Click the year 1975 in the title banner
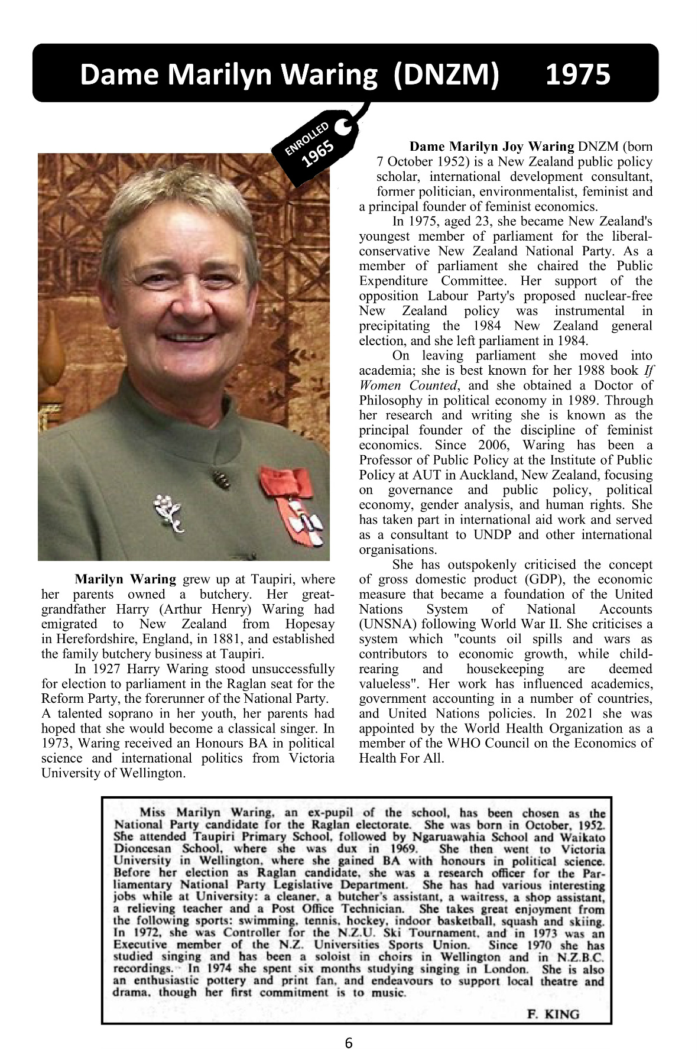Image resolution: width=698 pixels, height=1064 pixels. [x=577, y=74]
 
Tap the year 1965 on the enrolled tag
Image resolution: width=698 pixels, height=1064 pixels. [x=319, y=154]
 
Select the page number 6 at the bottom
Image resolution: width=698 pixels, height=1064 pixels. [x=349, y=1043]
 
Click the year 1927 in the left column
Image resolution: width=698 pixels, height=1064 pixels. [x=106, y=669]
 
